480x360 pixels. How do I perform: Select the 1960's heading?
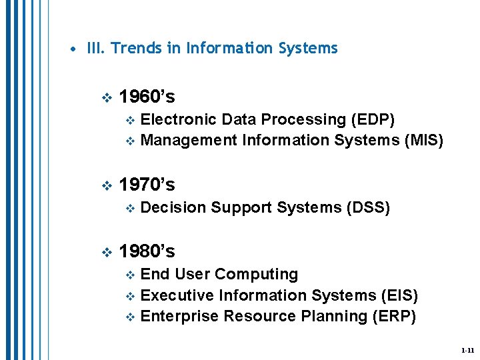[x=147, y=97]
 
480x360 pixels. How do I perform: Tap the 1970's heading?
[x=147, y=184]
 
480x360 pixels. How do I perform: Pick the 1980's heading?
[x=147, y=251]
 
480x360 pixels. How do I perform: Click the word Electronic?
[x=179, y=120]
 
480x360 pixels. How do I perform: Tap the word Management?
[x=189, y=140]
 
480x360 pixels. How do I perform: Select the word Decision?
[x=173, y=208]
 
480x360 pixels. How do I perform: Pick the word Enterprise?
[x=180, y=316]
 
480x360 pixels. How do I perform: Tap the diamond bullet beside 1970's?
[x=104, y=185]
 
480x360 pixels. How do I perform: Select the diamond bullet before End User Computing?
[x=131, y=275]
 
